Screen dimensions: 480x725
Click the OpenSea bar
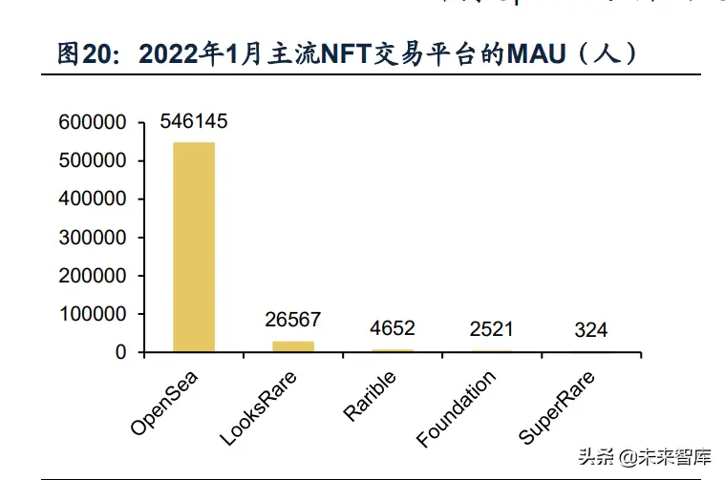(x=194, y=247)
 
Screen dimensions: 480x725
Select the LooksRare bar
(x=293, y=346)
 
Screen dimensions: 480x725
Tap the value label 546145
(x=194, y=122)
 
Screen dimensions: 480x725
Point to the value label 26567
(x=293, y=320)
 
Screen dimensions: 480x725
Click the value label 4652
(x=393, y=328)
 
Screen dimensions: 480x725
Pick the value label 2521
(x=491, y=329)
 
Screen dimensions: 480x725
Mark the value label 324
(x=591, y=331)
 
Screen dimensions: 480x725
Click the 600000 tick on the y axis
(x=92, y=122)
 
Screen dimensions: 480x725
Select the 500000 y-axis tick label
(x=92, y=160)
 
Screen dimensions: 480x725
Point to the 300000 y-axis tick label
(x=92, y=238)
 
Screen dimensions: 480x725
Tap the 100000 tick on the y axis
(x=92, y=314)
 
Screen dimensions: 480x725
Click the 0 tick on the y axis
(x=120, y=352)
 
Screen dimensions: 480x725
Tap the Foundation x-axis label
(x=457, y=409)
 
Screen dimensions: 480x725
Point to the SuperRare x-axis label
(x=557, y=408)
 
